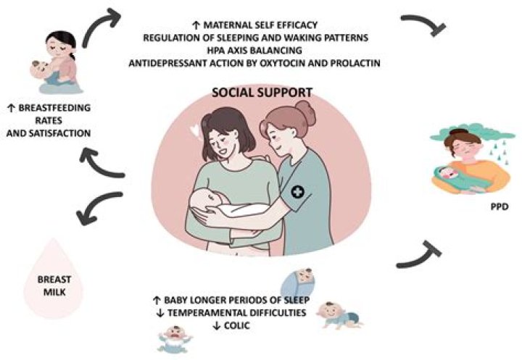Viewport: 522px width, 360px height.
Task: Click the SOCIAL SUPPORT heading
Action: tap(262, 92)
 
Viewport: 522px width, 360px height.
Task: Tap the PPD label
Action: tap(500, 207)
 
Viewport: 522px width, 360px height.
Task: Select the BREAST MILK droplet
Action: tap(54, 278)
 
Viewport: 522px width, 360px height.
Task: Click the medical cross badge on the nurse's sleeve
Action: tap(297, 192)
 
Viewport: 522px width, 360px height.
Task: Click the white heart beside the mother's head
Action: tap(195, 130)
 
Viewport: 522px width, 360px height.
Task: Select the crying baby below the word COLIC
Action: tap(175, 339)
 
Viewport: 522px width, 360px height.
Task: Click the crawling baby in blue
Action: tap(339, 315)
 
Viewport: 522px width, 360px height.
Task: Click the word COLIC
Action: tap(236, 325)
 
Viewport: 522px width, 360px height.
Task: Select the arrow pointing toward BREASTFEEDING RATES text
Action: tap(100, 164)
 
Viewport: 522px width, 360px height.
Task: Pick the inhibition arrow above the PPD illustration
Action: tap(423, 23)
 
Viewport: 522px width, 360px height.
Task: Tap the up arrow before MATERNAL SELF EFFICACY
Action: tap(196, 25)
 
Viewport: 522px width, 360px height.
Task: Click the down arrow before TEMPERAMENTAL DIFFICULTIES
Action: tap(160, 313)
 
